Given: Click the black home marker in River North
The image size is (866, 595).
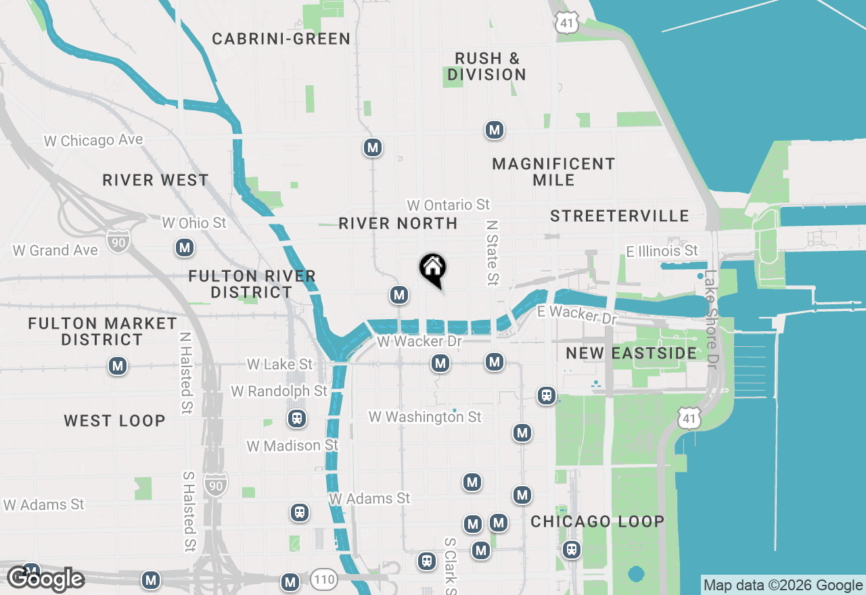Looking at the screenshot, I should tap(433, 270).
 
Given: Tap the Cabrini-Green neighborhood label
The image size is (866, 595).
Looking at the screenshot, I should tap(281, 39).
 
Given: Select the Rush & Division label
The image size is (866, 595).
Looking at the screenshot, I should tap(486, 66).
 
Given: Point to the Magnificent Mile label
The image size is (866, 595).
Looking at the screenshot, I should tap(553, 172).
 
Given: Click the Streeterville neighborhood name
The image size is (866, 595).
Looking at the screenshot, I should tap(619, 216).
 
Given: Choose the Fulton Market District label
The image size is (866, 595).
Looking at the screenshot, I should tap(102, 331).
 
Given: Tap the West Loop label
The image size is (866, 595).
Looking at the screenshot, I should tap(114, 421).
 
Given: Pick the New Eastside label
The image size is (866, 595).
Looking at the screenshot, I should tap(631, 353).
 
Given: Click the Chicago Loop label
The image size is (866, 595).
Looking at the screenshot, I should tap(597, 521).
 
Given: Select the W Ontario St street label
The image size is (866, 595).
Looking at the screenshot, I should tap(448, 205).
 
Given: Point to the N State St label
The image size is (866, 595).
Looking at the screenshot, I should tap(492, 252).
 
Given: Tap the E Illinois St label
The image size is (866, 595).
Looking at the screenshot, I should tap(662, 252).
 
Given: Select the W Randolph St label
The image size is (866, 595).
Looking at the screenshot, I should tap(279, 391).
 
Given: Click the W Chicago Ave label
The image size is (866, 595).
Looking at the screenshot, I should tap(93, 140).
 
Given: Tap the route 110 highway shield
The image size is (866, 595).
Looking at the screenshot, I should tap(324, 579).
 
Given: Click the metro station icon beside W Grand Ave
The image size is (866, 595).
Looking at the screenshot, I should tap(185, 248).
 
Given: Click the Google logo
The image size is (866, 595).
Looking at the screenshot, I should tap(45, 579).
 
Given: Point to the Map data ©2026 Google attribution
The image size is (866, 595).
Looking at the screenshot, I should tap(783, 586).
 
